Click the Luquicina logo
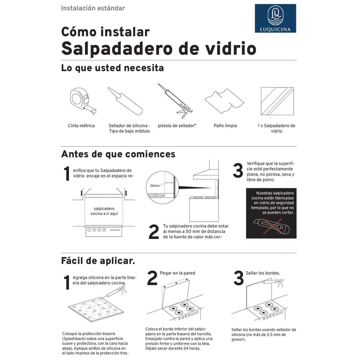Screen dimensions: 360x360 275,18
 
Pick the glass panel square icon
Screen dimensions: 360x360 277,101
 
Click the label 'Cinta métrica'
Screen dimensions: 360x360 81,126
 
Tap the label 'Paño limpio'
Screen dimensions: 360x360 225,126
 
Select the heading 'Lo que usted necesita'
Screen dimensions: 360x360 112,68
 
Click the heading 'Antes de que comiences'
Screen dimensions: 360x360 118,154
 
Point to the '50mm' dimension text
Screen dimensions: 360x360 155,186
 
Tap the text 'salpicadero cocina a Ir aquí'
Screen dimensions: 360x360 104,211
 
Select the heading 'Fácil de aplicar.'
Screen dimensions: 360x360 98,261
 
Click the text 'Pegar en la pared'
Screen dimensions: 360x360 177,273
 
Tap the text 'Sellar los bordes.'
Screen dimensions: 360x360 263,273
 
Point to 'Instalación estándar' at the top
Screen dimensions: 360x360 93,8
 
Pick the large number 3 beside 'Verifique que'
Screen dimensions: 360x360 238,171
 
